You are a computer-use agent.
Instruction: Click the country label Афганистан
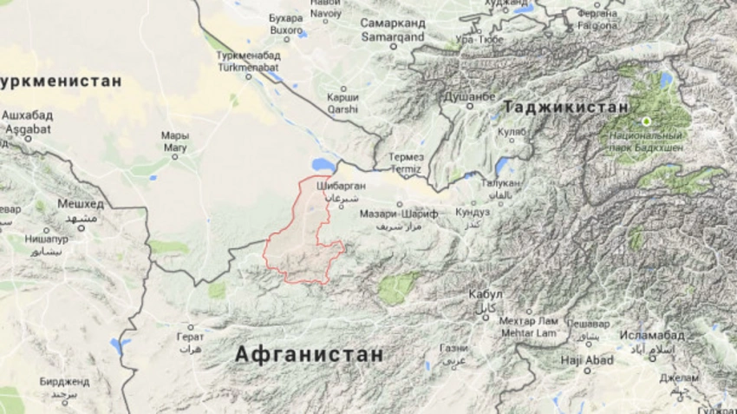click(x=309, y=354)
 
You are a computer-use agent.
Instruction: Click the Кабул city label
click(x=485, y=294)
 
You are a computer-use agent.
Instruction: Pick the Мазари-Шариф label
click(x=398, y=213)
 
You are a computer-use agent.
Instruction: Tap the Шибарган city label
click(x=341, y=186)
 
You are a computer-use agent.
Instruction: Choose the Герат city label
click(x=190, y=335)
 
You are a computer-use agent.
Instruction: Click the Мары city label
click(x=174, y=136)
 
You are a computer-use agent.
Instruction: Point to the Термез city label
click(x=406, y=157)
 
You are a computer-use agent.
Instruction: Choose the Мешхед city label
click(x=80, y=204)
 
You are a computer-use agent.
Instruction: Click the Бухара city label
click(x=286, y=17)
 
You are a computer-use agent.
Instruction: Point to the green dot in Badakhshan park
click(x=646, y=121)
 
